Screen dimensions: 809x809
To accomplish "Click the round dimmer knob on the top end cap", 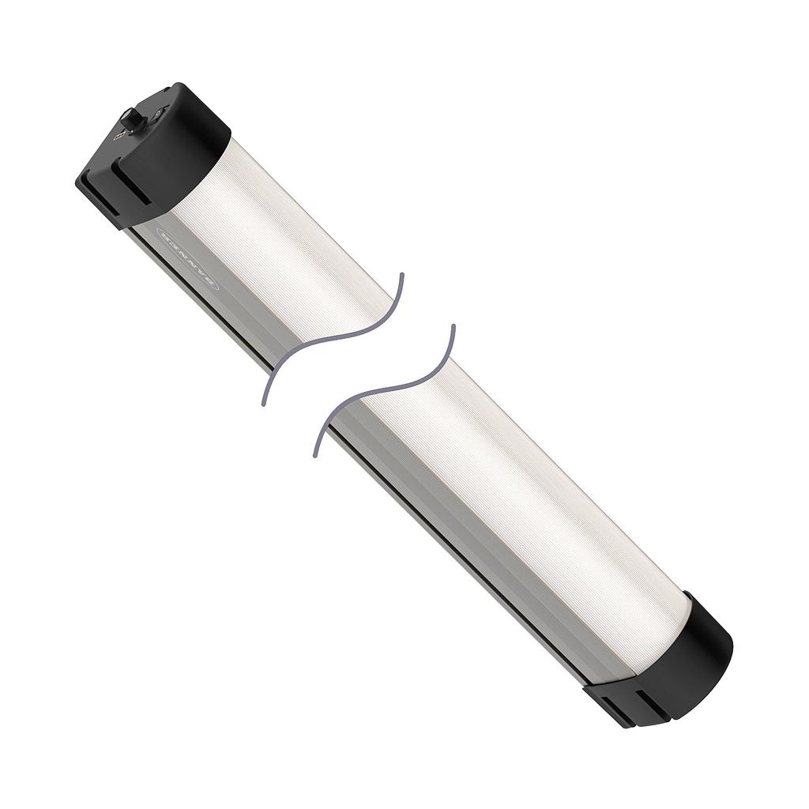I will [132, 121].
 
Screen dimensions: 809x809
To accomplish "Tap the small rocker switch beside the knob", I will [160, 113].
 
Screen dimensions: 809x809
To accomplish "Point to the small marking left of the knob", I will [119, 135].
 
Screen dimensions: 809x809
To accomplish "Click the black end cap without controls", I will [687, 656].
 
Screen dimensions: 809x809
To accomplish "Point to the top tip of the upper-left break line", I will [401, 275].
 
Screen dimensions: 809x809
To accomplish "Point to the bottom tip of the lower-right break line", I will [315, 456].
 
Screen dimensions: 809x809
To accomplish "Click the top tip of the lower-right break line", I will [453, 325].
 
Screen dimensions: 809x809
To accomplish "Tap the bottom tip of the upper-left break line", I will [263, 404].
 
